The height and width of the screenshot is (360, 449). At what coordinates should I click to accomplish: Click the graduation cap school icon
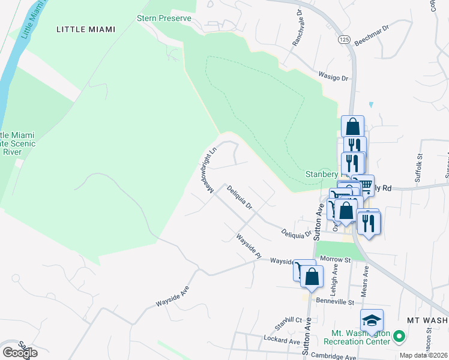[372, 320]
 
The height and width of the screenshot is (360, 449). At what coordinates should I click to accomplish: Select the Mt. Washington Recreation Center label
[357, 337]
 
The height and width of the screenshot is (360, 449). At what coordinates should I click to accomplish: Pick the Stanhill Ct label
[288, 320]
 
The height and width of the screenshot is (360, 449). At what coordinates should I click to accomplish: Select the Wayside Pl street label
[249, 247]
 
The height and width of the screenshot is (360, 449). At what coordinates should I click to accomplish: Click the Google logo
[19, 352]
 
